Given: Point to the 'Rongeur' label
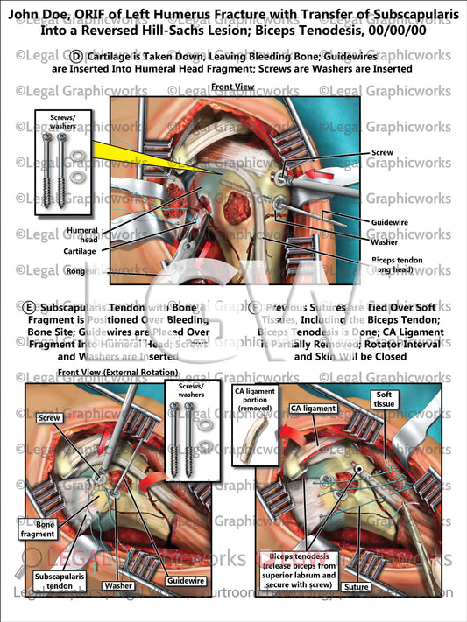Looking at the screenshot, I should pos(81,271).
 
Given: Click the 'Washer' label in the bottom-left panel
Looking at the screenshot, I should pos(117,584).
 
